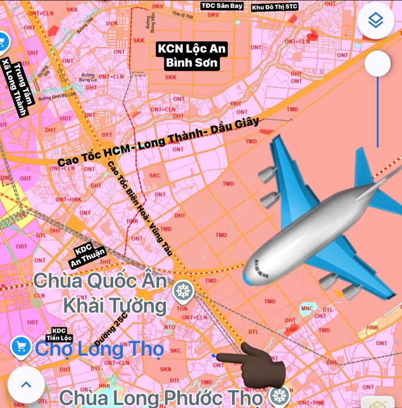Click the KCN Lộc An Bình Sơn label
click(x=192, y=56)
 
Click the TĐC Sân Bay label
click(x=222, y=6)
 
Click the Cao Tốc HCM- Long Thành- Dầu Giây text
click(x=158, y=144)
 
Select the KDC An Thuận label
click(x=87, y=256)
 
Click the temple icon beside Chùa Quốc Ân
click(x=182, y=290)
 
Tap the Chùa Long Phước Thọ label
click(x=161, y=399)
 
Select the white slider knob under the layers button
click(x=377, y=64)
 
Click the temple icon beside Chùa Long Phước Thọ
click(x=279, y=396)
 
